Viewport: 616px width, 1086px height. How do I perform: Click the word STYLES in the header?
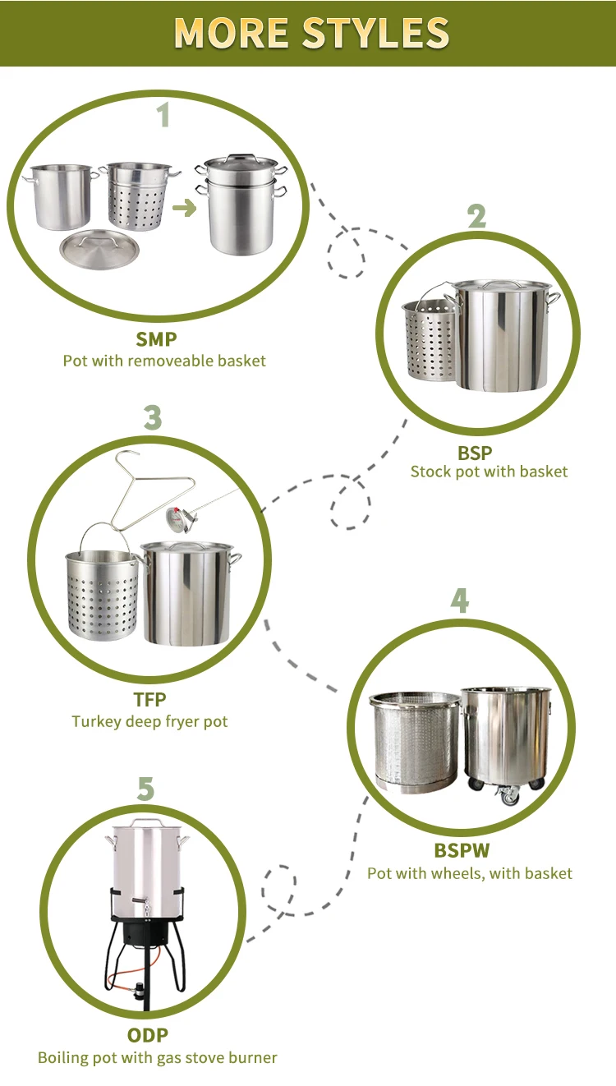click(375, 32)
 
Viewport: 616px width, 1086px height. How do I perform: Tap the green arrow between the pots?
click(185, 208)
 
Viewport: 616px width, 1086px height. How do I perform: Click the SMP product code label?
click(156, 339)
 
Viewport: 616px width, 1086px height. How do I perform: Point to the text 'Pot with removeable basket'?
click(164, 361)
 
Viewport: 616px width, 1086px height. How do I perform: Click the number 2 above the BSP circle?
click(476, 217)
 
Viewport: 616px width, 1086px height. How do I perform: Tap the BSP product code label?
click(475, 452)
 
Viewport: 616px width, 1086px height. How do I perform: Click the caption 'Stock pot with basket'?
click(489, 472)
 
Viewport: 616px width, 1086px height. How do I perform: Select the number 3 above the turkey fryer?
click(152, 417)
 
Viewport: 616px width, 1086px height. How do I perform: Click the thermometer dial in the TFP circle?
click(176, 518)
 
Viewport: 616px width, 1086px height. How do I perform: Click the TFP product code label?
click(149, 700)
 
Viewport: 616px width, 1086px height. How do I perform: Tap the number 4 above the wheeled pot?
click(459, 601)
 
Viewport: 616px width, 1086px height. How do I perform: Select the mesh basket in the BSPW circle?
click(413, 743)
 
